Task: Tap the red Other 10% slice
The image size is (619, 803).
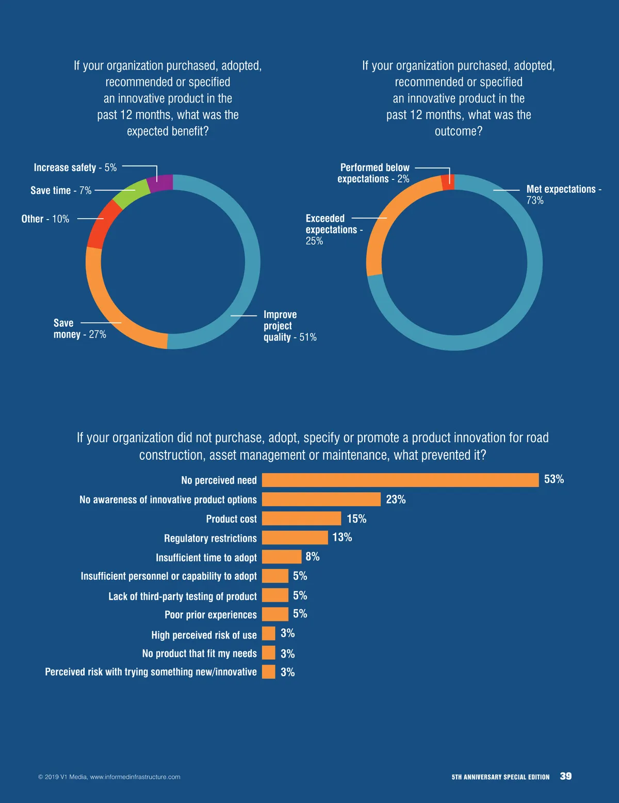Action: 103,224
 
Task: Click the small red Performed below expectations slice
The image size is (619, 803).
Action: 448,182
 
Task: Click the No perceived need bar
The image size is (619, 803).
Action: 400,480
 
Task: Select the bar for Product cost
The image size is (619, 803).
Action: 301,518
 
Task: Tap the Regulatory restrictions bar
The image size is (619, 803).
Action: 295,538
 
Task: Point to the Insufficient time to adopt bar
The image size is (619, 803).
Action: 281,557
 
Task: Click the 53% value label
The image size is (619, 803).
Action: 554,479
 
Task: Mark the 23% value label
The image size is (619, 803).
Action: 396,499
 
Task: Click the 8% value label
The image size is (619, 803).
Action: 313,557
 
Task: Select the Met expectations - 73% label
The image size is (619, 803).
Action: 563,194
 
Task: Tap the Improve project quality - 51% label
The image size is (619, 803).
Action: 289,326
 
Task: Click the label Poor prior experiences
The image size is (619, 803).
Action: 210,615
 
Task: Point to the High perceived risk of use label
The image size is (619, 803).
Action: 204,635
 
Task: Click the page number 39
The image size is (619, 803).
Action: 566,776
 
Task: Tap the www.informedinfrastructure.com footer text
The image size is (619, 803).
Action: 135,777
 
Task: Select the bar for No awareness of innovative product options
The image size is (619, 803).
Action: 321,499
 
